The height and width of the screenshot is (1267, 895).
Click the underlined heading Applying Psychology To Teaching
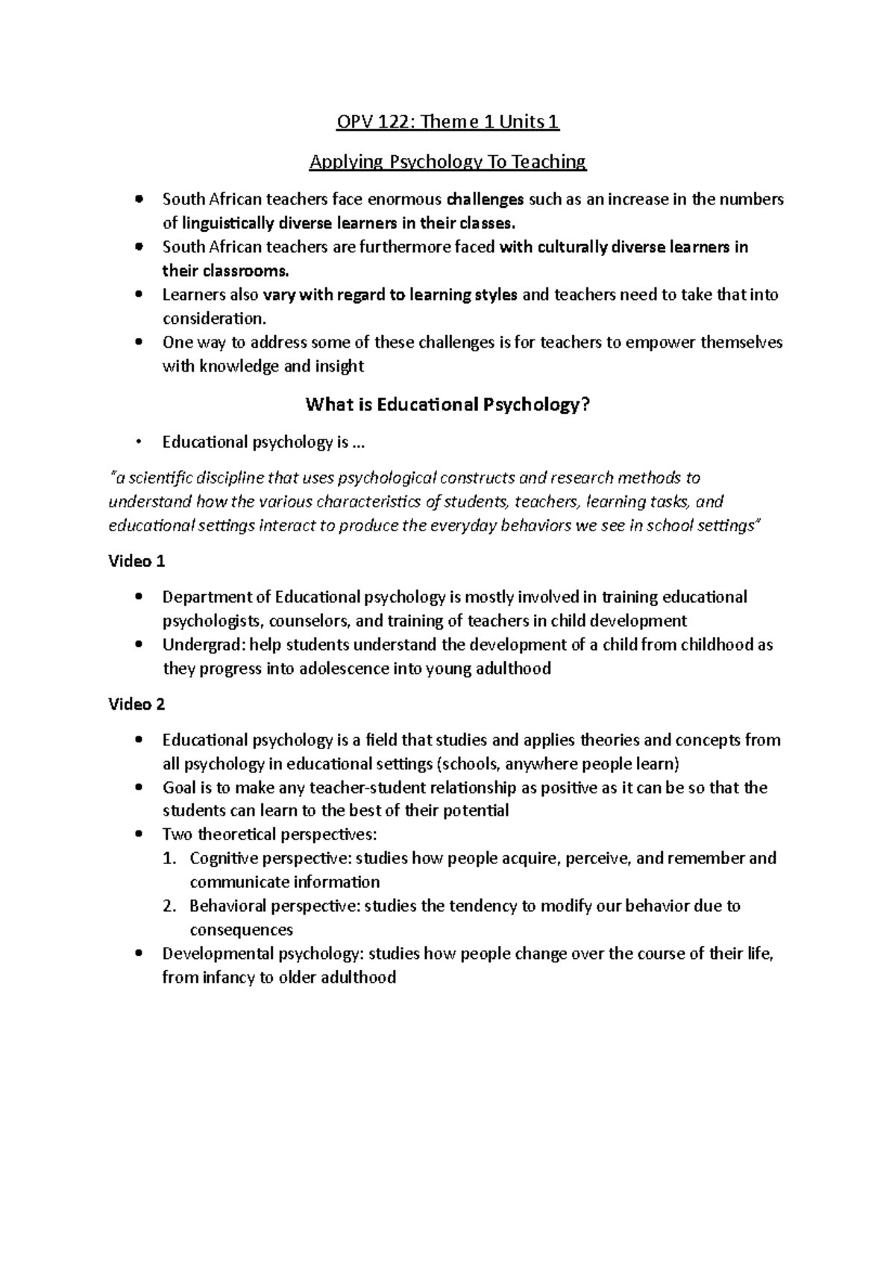(447, 161)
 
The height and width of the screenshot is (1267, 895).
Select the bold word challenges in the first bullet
(485, 199)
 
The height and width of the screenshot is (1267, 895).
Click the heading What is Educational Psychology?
(447, 404)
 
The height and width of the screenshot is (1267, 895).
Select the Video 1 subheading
(136, 561)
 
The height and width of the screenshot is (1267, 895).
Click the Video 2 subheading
(136, 704)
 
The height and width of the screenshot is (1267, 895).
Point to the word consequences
(241, 930)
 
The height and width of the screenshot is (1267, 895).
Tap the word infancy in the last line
(228, 977)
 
